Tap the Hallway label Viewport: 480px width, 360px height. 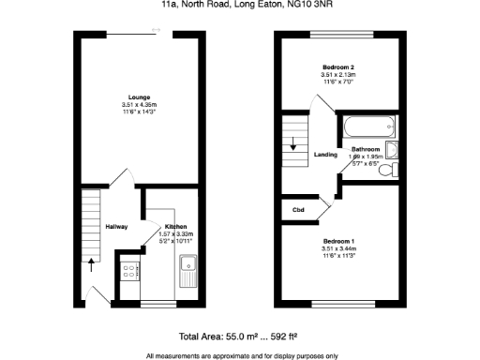pos(116,226)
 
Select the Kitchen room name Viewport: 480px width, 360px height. pos(176,226)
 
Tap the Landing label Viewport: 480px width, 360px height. pos(325,155)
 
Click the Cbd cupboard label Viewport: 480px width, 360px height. pos(300,209)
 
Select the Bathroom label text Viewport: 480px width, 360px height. pos(365,150)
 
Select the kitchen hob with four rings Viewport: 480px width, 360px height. pos(128,272)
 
